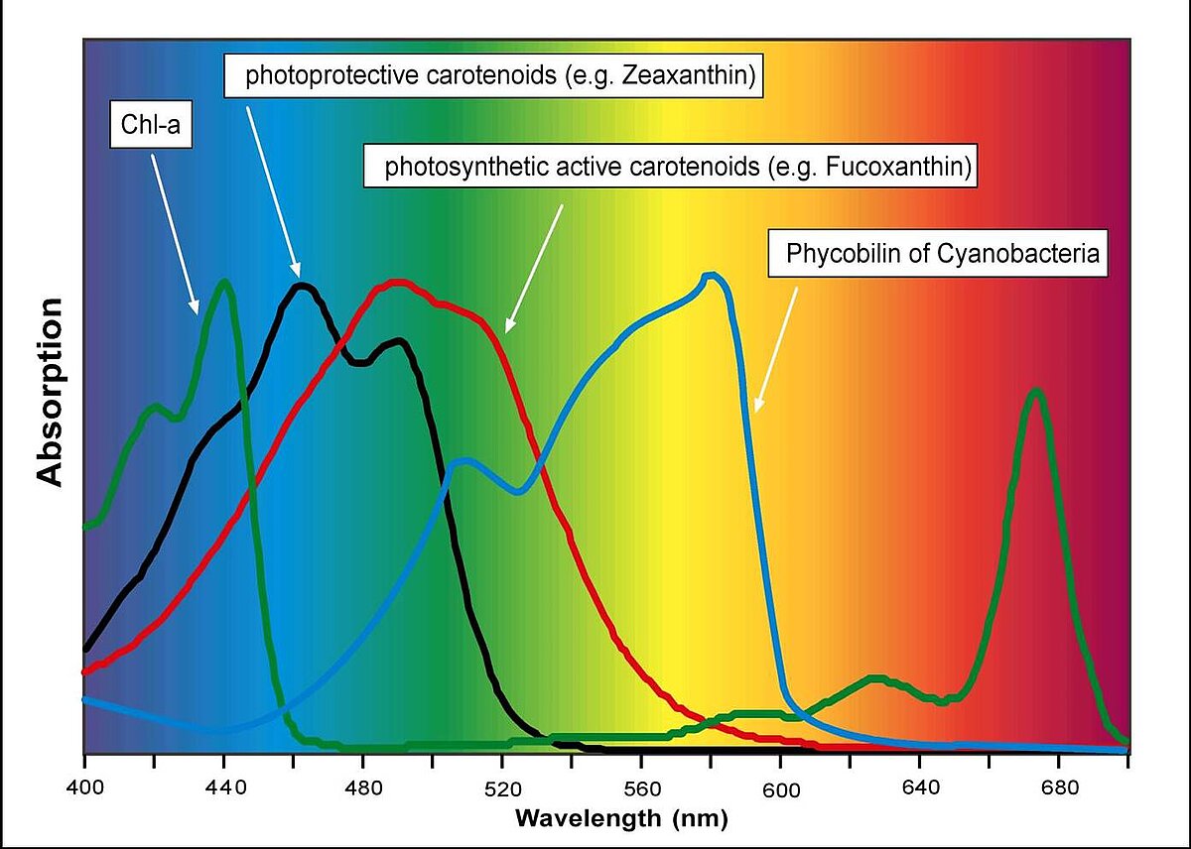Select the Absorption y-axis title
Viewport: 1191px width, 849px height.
click(51, 392)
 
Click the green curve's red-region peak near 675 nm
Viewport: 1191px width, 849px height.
click(1036, 391)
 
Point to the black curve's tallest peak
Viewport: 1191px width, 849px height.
click(303, 287)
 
